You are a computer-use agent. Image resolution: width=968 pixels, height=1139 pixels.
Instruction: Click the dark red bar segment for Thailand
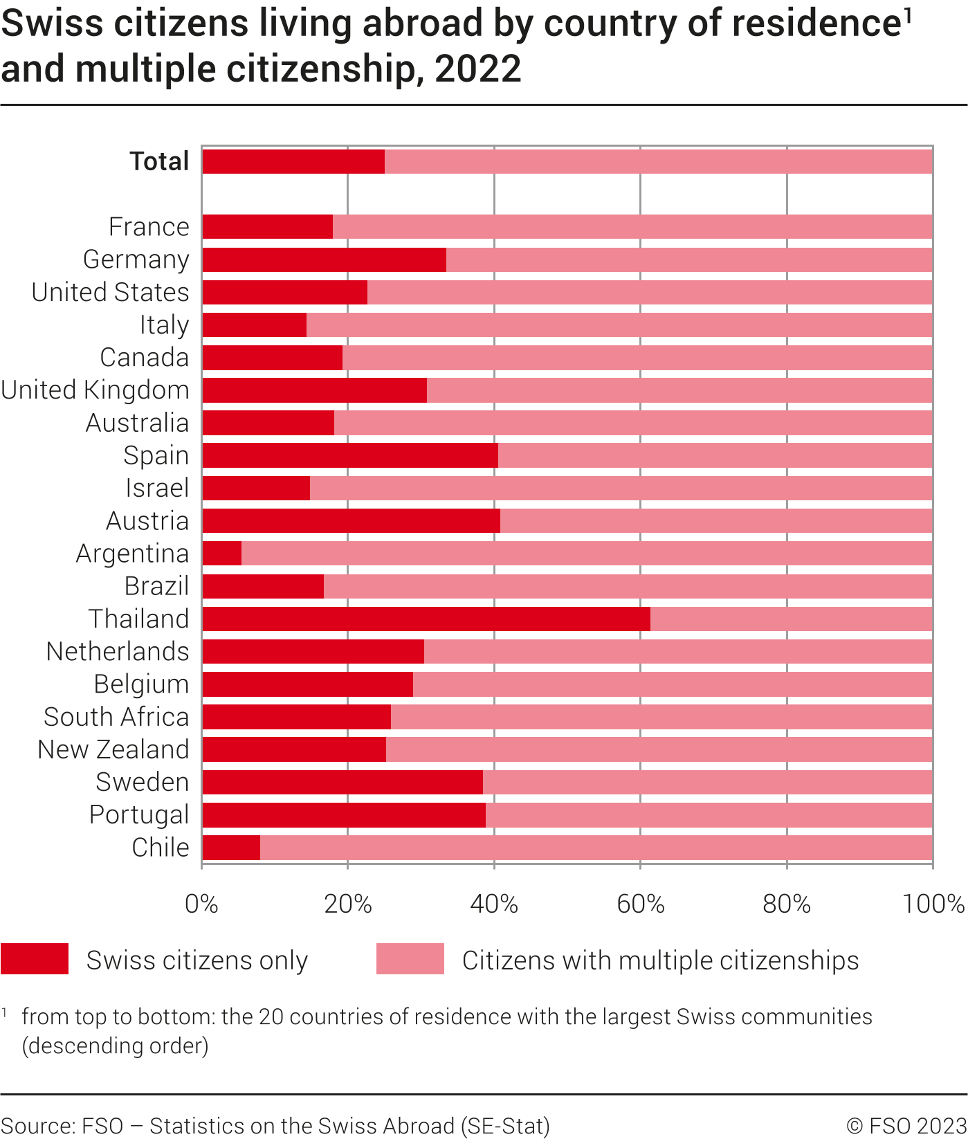coord(426,619)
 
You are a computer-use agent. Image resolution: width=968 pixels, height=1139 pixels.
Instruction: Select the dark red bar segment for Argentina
coord(222,554)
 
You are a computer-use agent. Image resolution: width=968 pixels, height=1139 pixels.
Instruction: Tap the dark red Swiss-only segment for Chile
coord(231,848)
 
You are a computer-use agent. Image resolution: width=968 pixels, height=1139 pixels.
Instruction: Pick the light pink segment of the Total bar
coord(657,161)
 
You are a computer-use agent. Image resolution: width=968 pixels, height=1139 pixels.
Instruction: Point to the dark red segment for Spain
coord(350,455)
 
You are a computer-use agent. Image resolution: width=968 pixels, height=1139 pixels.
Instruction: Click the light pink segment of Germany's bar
coord(688,260)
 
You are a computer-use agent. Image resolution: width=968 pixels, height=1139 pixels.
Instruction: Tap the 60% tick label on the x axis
coord(640,904)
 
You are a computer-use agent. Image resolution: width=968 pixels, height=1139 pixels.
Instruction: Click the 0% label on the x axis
coord(201,904)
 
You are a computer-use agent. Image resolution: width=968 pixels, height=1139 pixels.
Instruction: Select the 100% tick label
coord(933,904)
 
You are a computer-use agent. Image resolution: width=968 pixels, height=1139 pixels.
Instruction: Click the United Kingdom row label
coord(95,390)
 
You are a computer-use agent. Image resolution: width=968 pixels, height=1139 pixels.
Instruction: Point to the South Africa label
coord(116,717)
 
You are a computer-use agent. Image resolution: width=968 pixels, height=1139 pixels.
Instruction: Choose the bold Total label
coord(159,161)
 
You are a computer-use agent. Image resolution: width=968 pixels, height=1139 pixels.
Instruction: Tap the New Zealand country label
coord(113,749)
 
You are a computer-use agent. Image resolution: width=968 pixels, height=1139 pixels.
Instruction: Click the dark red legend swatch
coord(35,959)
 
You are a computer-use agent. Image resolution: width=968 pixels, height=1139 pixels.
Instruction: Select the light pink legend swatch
coord(410,959)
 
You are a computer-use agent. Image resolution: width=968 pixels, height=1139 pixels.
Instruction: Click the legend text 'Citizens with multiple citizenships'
coord(660,960)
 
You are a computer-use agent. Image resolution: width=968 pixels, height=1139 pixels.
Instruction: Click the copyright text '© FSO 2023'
coord(906,1126)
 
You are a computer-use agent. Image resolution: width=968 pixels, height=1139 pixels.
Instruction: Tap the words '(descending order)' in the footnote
coord(116,1045)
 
